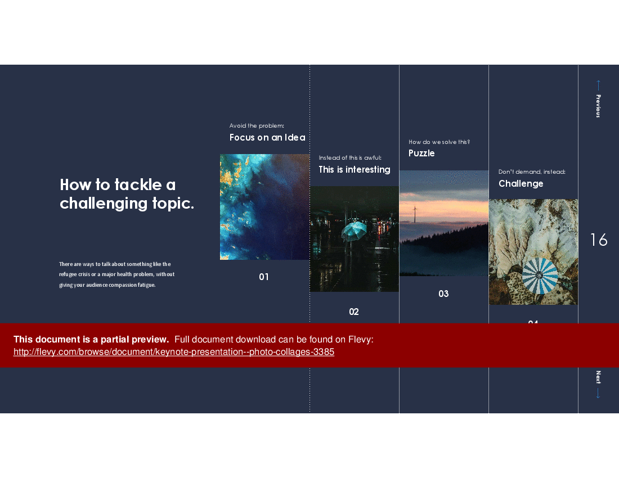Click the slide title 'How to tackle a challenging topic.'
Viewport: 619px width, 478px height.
127,194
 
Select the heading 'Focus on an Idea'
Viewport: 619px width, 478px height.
267,137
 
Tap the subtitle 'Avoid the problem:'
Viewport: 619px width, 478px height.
257,126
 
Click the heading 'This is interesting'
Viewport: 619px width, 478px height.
354,169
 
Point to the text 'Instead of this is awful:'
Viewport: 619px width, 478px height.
349,158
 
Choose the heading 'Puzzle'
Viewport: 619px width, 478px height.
421,153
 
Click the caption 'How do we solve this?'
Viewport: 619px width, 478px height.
439,142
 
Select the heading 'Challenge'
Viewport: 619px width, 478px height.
521,183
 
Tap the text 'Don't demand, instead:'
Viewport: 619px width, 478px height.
531,172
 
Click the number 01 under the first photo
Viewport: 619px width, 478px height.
264,277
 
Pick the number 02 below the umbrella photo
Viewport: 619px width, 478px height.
353,312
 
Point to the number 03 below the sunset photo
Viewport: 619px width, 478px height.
443,294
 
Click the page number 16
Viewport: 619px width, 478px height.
599,240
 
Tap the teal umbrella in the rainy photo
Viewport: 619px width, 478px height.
354,230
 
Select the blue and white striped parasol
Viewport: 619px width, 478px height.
540,276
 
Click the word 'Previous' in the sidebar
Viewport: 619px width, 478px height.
598,106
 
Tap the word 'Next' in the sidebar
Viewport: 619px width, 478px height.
598,377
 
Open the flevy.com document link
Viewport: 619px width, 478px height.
174,352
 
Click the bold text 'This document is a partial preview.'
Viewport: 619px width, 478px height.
91,339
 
